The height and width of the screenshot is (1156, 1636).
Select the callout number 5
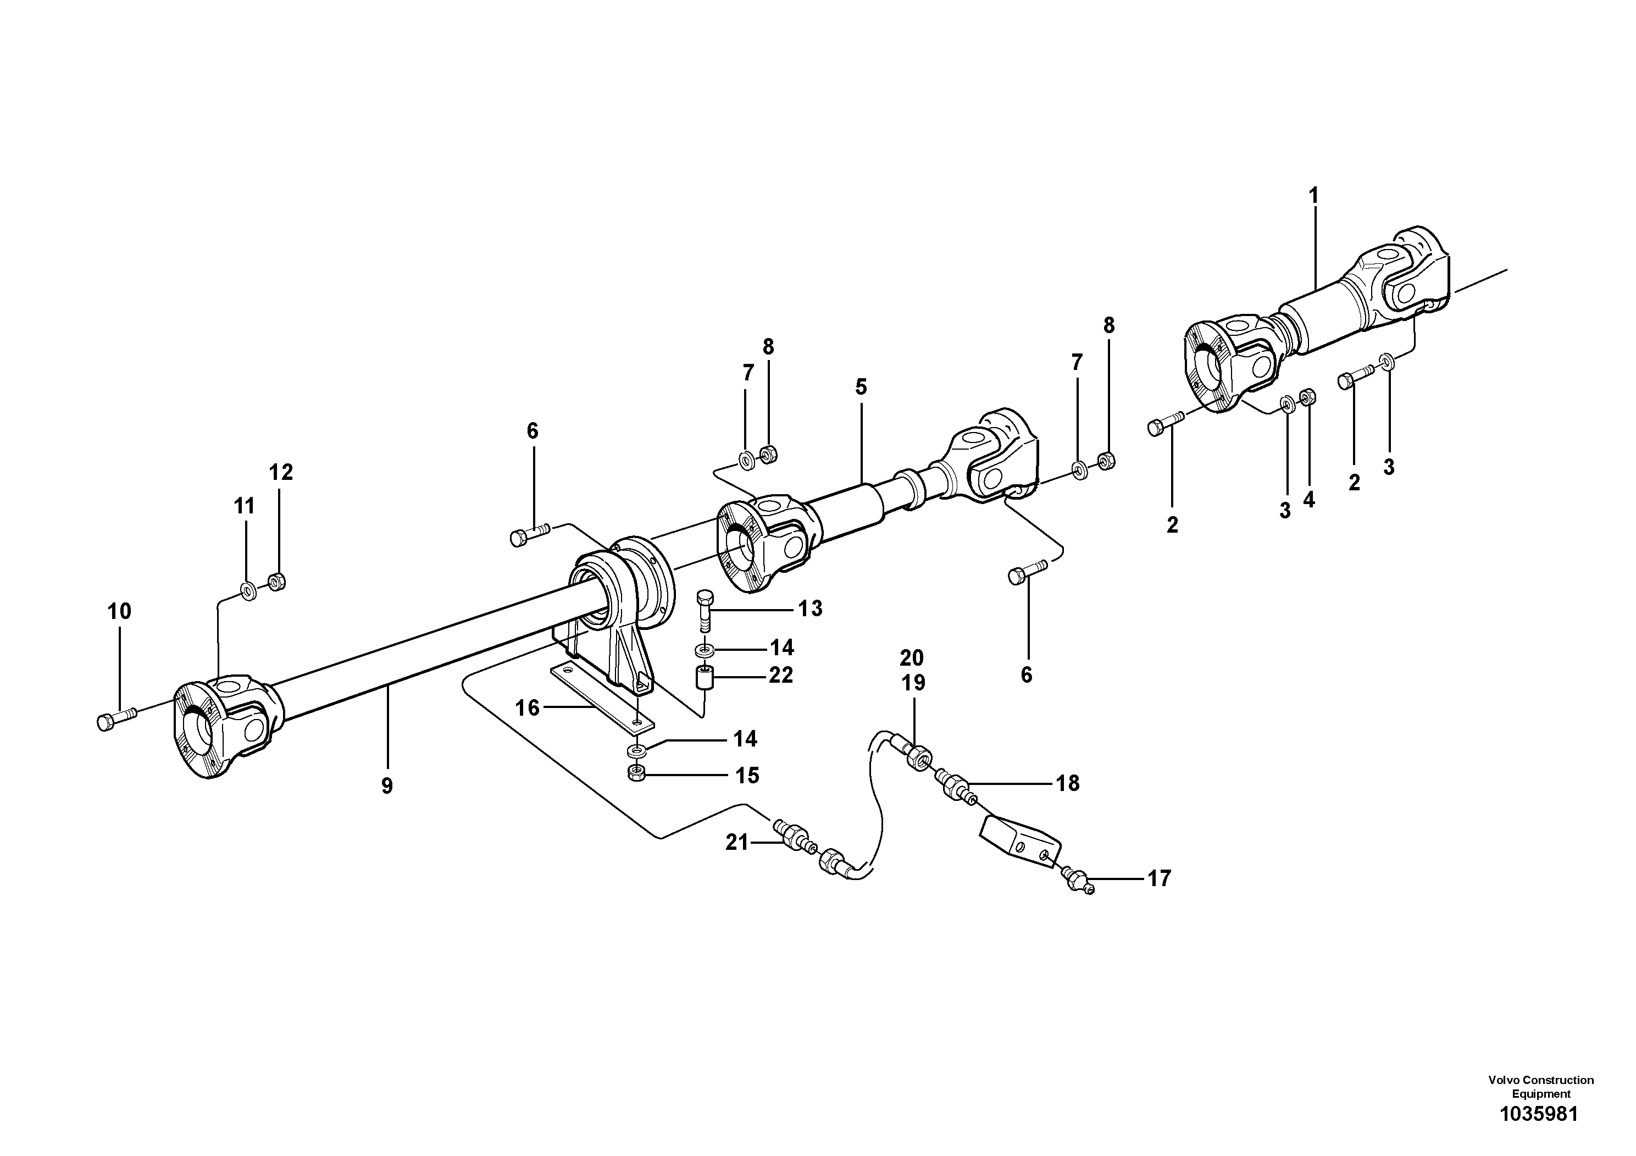(x=861, y=387)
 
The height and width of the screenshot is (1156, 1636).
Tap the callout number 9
(x=387, y=786)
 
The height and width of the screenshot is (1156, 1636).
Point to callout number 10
(x=120, y=611)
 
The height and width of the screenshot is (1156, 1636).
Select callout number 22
(x=781, y=674)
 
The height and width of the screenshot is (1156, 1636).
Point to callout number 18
(x=1067, y=783)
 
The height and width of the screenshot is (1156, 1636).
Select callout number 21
(x=737, y=843)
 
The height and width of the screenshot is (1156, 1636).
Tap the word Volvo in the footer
(x=1505, y=1081)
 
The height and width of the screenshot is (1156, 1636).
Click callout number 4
(x=1309, y=500)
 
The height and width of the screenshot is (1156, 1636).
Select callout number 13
(x=810, y=608)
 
